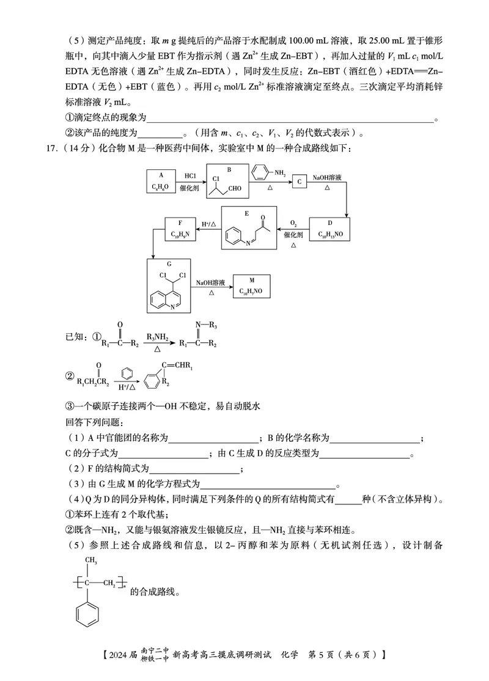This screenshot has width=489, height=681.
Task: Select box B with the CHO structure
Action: click(229, 181)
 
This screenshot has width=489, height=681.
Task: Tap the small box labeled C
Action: click(299, 182)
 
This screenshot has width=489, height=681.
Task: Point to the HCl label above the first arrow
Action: click(190, 176)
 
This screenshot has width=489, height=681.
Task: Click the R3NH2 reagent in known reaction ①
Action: click(157, 336)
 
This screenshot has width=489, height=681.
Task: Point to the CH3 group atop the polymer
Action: click(91, 560)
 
